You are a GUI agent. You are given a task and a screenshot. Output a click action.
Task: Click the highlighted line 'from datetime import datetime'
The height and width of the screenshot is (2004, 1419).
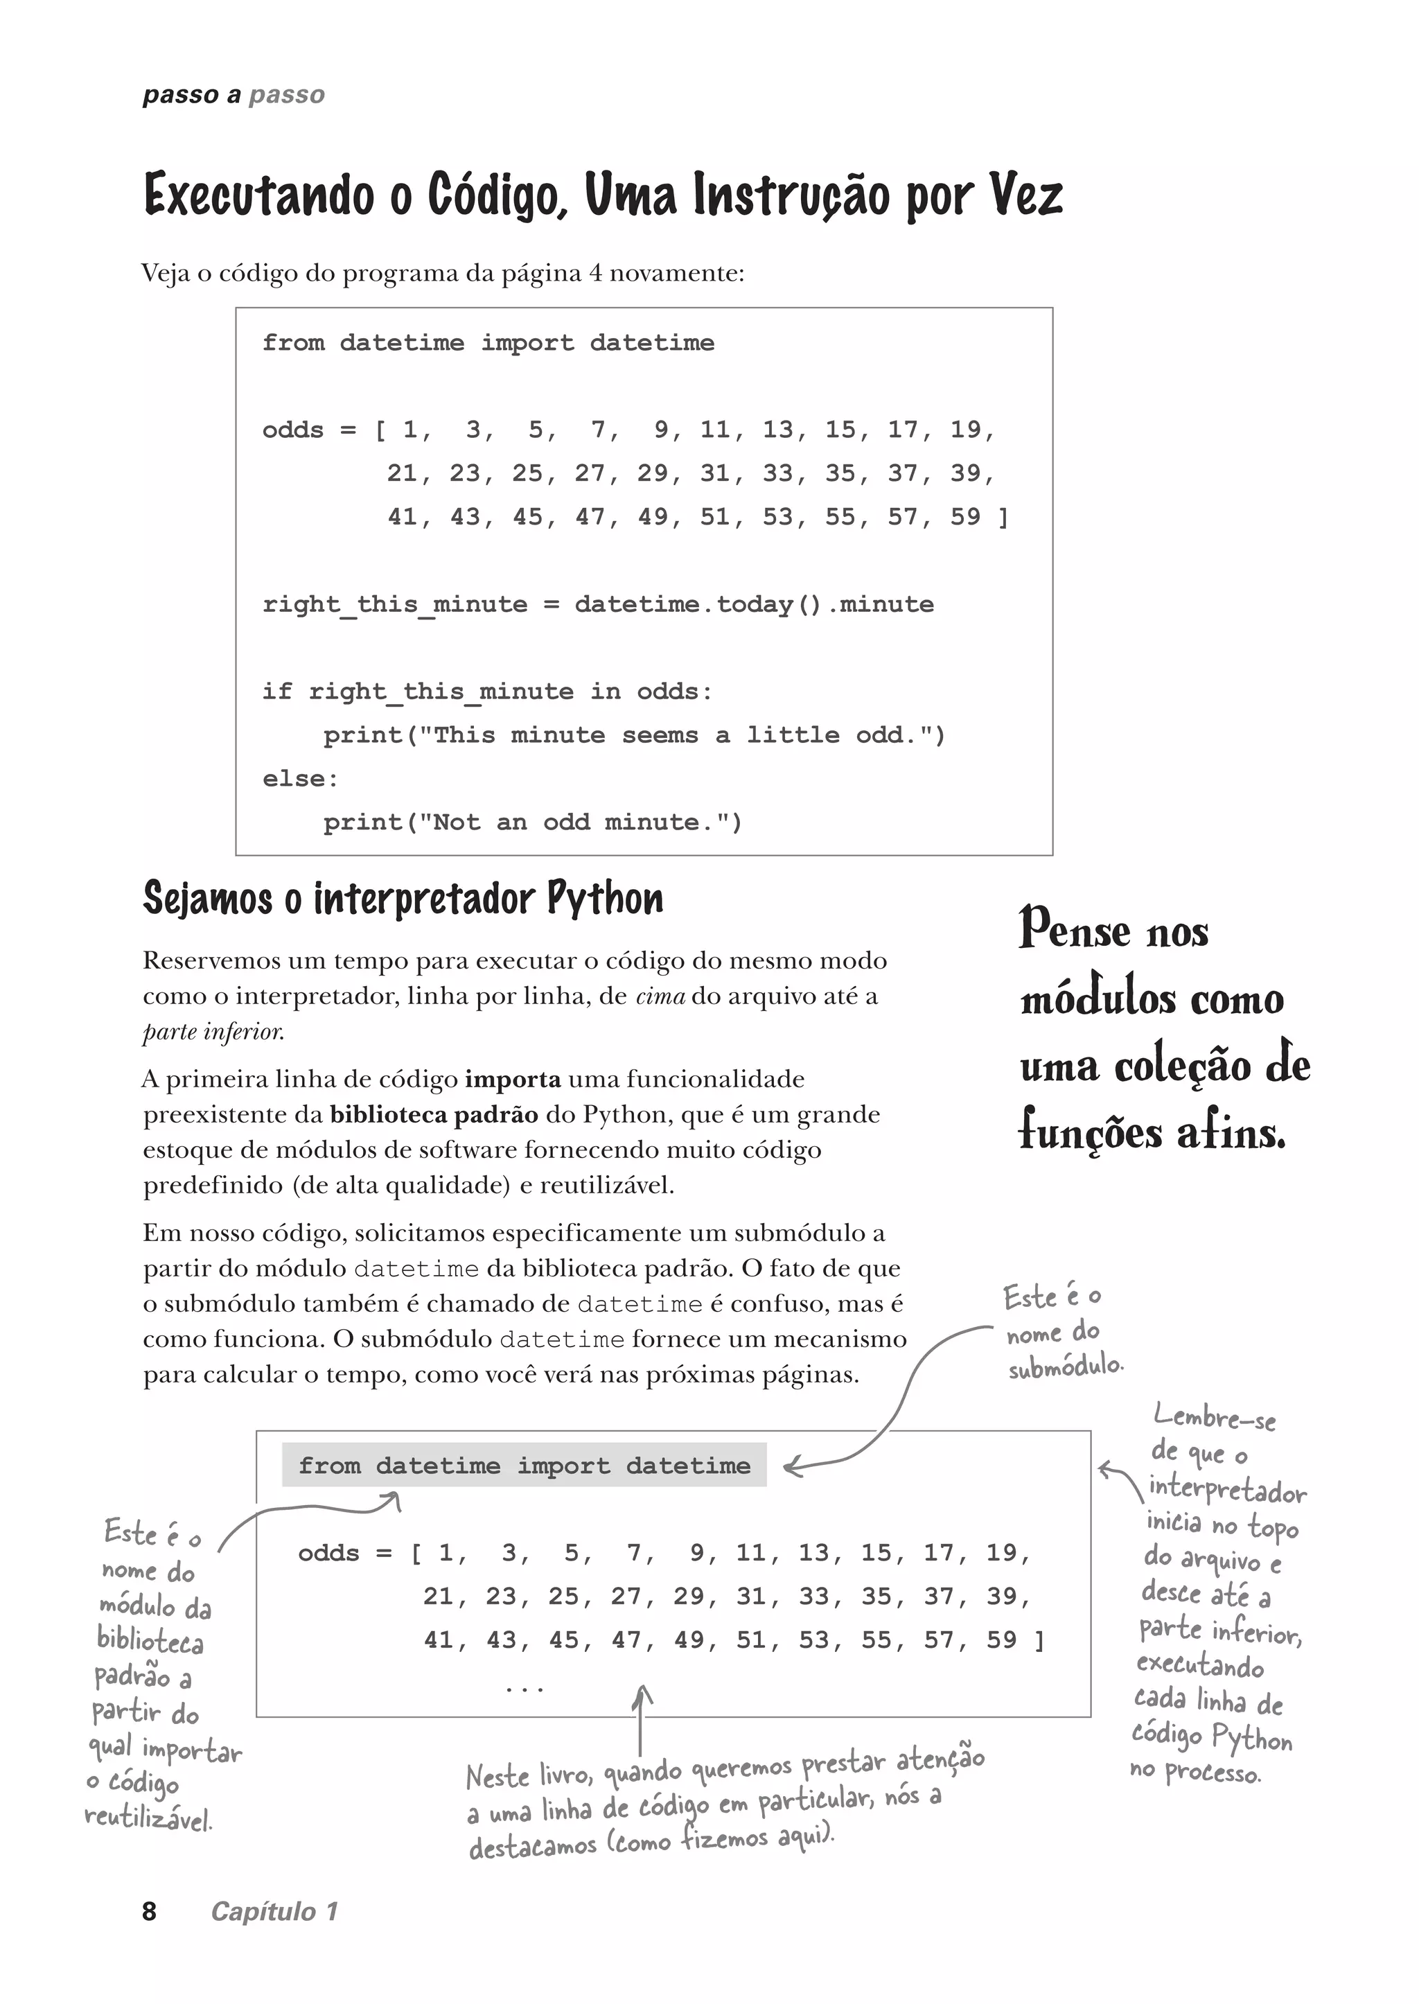pos(525,1466)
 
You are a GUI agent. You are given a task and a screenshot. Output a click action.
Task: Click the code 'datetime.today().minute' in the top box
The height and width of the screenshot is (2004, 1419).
pos(753,605)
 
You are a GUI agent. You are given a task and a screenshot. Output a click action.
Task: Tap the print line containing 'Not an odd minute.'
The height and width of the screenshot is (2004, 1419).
pos(532,823)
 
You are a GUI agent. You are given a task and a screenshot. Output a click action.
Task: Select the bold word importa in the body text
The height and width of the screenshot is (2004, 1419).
pos(513,1080)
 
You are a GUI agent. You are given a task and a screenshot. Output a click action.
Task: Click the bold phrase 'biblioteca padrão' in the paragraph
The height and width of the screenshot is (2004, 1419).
pos(433,1115)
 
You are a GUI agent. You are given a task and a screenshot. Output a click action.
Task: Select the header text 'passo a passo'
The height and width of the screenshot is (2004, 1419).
pos(233,94)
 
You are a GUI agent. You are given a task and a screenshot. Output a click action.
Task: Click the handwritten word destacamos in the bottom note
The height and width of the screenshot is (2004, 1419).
pos(532,1847)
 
